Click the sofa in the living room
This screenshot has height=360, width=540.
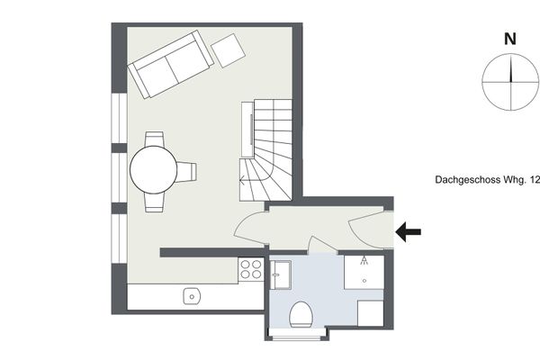pos(170,64)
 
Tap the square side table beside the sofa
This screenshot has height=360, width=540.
pos(228,50)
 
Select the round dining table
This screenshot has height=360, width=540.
pos(154,170)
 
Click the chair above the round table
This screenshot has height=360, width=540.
pos(154,139)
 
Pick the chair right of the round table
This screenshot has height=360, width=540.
pos(186,172)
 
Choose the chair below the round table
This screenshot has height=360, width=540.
pos(154,202)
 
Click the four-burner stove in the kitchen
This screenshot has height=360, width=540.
pos(251,269)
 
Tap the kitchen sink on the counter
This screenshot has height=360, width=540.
pos(192,296)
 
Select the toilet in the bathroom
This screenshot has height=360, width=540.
pos(301,314)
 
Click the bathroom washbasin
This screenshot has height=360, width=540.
pos(280,274)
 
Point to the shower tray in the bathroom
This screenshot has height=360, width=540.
pos(364,272)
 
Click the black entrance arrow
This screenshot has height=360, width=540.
pos(408,232)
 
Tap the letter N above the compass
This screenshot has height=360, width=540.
pos(510,40)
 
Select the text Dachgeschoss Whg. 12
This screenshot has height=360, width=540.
pos(487,180)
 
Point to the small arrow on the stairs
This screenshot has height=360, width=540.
pos(243,179)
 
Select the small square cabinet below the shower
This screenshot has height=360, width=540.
pos(371,313)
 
